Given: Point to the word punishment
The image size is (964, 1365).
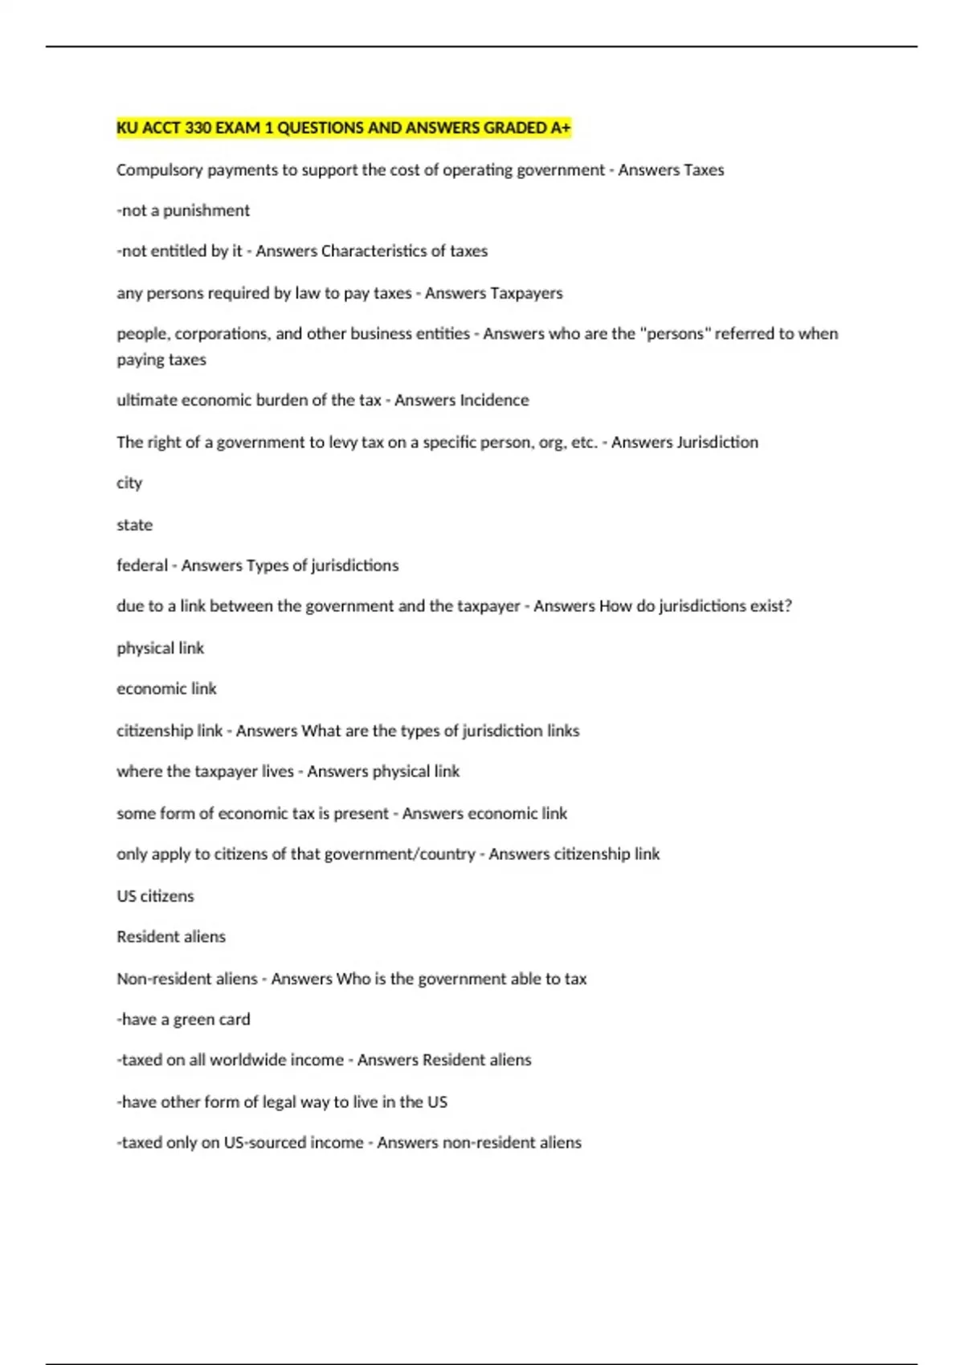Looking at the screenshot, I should [x=206, y=210].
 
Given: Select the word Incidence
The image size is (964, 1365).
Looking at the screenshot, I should [x=495, y=400].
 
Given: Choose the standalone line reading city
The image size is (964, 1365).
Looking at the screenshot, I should [x=129, y=483].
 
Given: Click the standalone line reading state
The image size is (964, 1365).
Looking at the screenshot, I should [x=134, y=525].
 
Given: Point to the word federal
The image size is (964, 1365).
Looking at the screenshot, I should [x=142, y=565].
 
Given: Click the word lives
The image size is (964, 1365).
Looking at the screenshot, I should [x=278, y=772].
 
